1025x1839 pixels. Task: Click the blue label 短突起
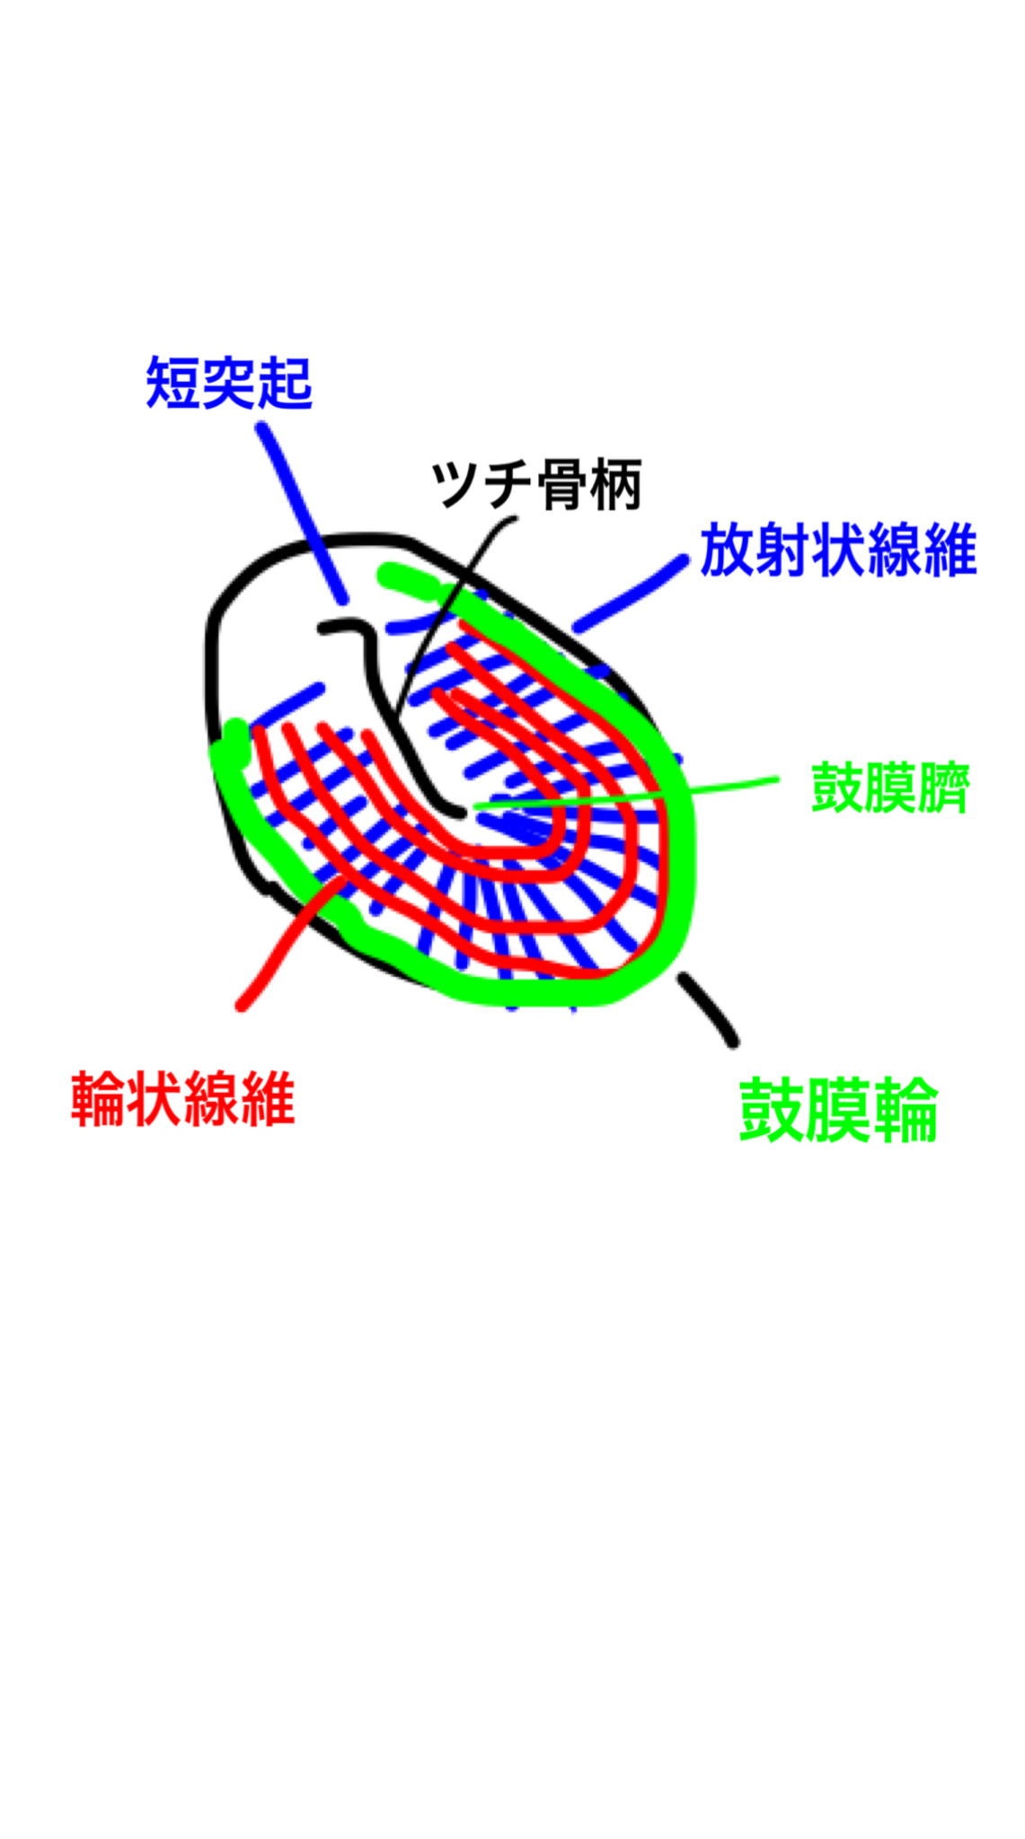tap(229, 383)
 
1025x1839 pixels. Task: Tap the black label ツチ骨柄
tap(536, 485)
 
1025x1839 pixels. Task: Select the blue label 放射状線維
tap(838, 550)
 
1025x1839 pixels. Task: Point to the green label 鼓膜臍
tap(889, 788)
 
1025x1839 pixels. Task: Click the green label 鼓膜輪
tap(838, 1111)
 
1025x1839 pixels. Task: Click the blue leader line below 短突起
tap(302, 513)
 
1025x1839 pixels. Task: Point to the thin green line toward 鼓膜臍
tap(624, 794)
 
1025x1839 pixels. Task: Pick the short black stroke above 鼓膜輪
tap(708, 1009)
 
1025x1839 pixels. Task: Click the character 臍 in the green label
tap(943, 788)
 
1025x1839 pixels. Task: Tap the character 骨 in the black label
tap(562, 485)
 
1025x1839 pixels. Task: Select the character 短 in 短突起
tap(173, 383)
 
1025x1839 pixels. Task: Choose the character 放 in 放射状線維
tap(728, 550)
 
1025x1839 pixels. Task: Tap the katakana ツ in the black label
tap(457, 485)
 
